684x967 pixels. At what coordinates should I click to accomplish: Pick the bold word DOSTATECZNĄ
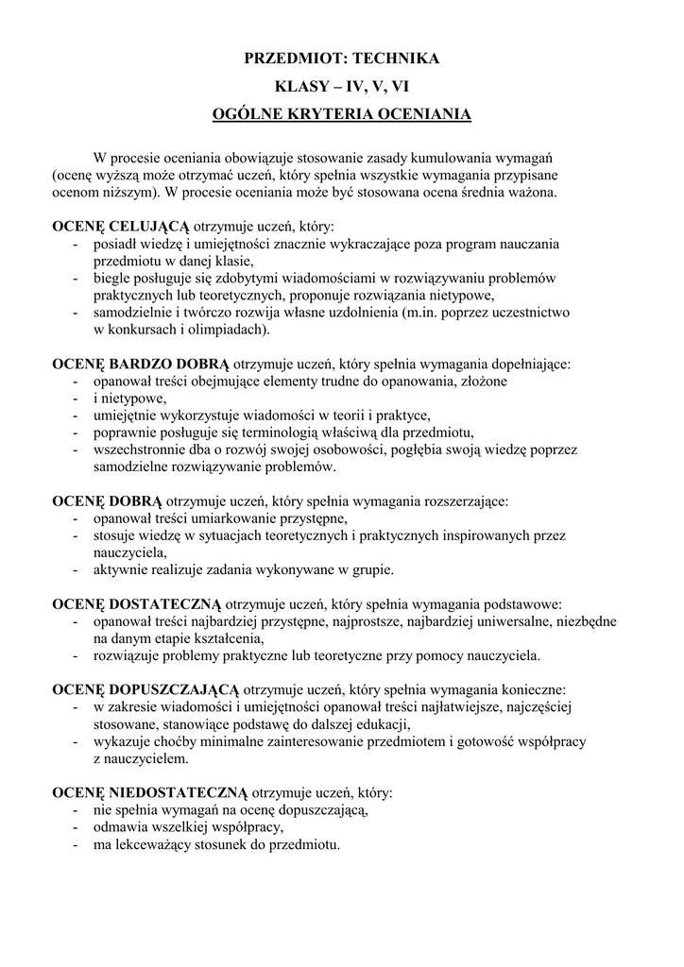point(165,603)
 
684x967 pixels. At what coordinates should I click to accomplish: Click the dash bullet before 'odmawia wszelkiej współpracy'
point(75,826)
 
